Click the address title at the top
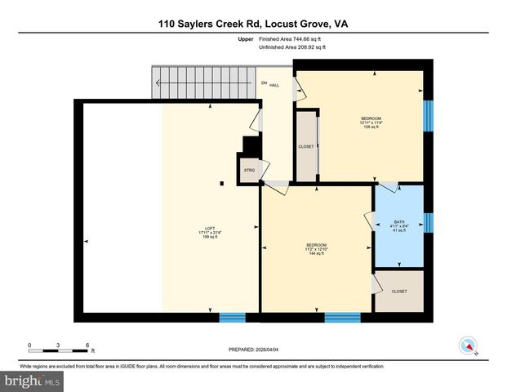tap(253, 24)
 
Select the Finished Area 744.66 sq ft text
tap(293, 38)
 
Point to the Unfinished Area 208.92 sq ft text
tap(293, 47)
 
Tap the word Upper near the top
tap(244, 38)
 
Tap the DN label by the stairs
tap(264, 83)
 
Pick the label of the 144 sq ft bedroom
tap(317, 249)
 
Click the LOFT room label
tap(210, 232)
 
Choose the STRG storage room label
tap(248, 170)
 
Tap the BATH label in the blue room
tap(399, 226)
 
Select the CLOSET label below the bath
tap(399, 291)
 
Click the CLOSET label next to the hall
tap(306, 147)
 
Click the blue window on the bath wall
tap(428, 221)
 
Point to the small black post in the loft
tap(221, 185)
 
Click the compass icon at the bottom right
tap(469, 345)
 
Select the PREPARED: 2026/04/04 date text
tap(253, 349)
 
